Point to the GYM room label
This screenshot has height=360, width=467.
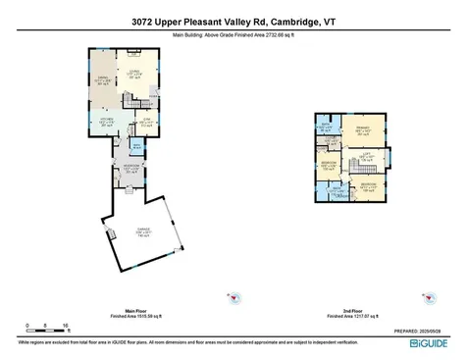coord(146,121)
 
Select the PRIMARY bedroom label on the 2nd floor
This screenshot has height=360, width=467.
coord(363,129)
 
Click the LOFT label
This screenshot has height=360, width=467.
coord(363,156)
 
